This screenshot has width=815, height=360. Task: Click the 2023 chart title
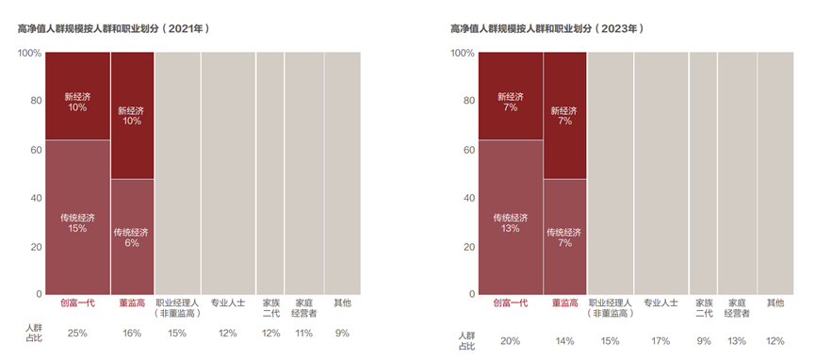(x=546, y=29)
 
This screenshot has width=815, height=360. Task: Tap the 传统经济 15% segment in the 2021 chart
(x=76, y=221)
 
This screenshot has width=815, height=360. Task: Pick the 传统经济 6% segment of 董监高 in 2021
(x=132, y=237)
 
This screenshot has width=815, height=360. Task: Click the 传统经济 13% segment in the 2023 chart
(x=510, y=221)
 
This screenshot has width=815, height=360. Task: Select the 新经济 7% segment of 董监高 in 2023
(x=564, y=115)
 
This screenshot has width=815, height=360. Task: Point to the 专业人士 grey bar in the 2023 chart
(x=660, y=173)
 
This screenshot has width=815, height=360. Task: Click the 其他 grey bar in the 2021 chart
(x=342, y=173)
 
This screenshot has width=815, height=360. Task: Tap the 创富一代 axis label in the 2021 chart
(x=76, y=303)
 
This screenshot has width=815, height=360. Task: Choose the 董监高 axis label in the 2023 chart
(x=564, y=303)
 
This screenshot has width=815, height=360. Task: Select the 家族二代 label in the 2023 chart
(x=704, y=308)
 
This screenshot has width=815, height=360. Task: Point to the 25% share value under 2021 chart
(x=76, y=333)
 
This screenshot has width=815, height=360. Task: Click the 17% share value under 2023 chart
(x=660, y=340)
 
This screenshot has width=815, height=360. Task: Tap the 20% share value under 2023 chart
(x=510, y=340)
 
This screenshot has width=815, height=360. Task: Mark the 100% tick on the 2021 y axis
(x=28, y=53)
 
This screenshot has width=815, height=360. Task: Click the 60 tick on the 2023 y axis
(x=468, y=150)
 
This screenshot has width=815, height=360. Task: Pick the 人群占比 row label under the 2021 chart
(x=33, y=333)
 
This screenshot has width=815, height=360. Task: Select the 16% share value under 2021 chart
(x=132, y=333)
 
